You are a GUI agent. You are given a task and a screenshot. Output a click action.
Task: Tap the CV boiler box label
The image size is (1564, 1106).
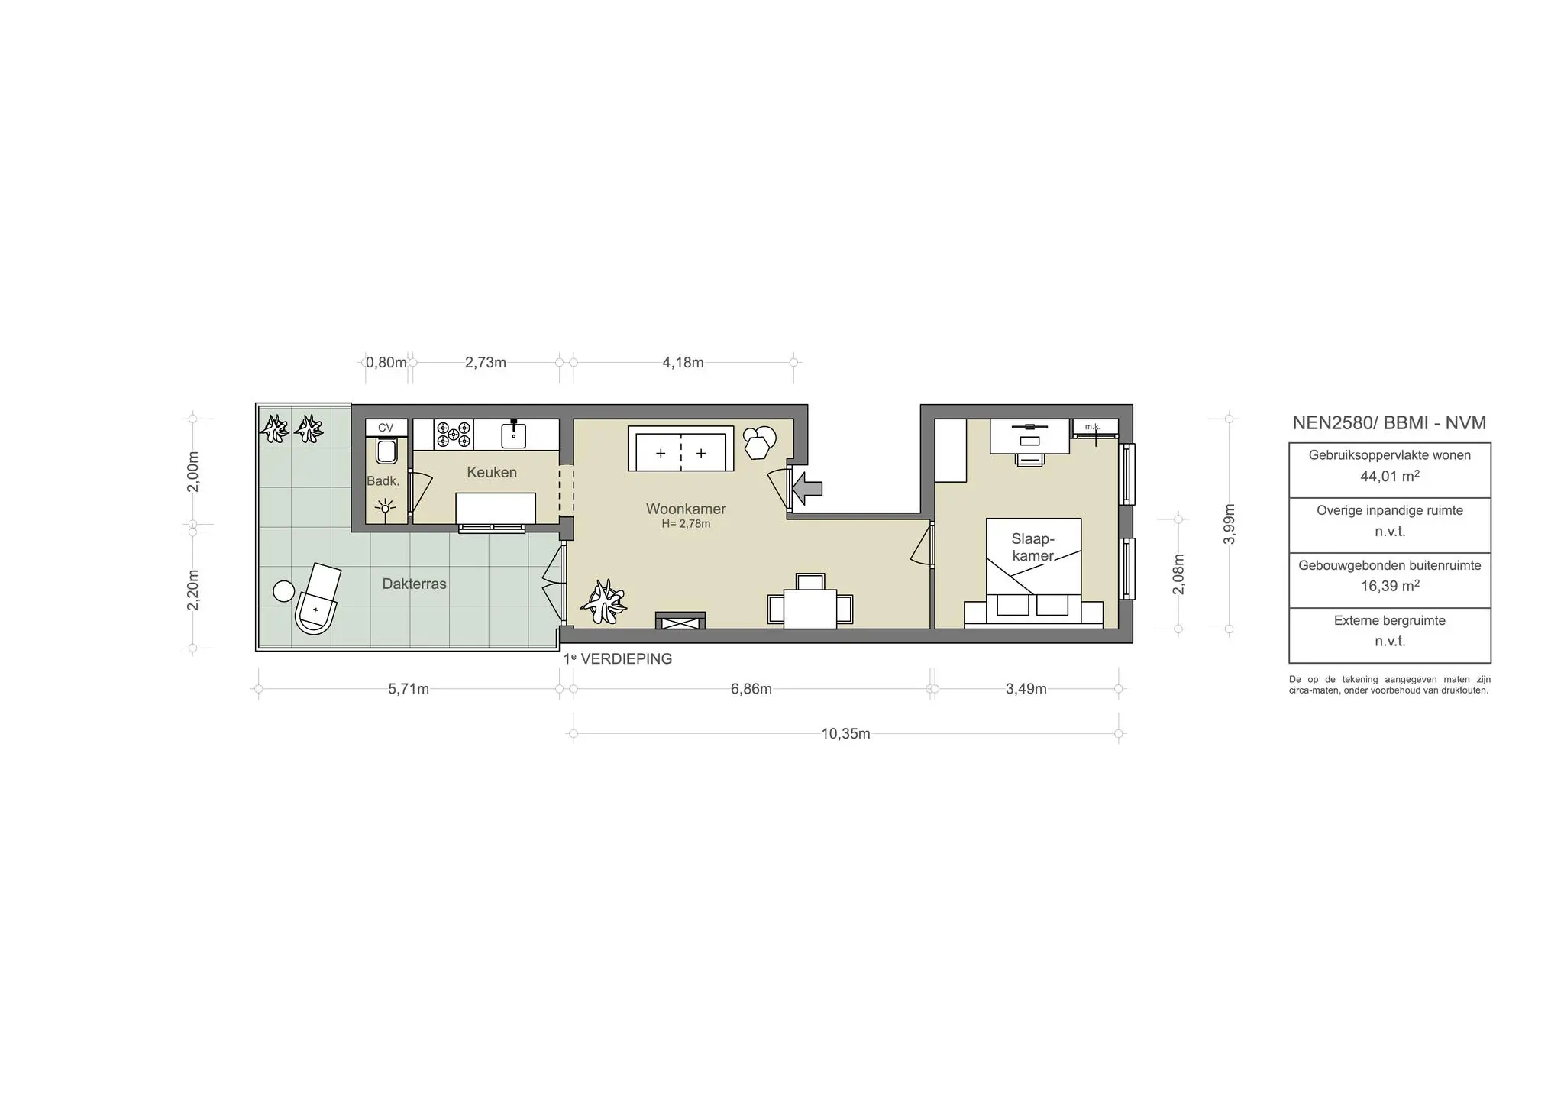tap(386, 428)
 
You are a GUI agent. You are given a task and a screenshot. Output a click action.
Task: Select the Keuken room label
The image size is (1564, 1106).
tap(492, 472)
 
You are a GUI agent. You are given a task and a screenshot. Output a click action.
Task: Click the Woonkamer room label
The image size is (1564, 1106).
tap(686, 509)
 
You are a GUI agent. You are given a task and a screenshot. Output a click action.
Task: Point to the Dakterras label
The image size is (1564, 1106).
tap(414, 584)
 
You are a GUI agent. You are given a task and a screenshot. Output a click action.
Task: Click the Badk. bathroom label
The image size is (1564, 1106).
tap(383, 480)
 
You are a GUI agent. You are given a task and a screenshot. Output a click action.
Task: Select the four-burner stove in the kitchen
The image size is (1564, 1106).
tap(453, 434)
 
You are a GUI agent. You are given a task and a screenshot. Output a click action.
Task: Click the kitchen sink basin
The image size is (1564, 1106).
tap(514, 435)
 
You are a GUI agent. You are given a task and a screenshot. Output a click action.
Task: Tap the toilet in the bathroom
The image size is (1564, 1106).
tap(386, 451)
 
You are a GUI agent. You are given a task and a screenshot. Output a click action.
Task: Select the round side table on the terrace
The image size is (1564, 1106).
tap(284, 590)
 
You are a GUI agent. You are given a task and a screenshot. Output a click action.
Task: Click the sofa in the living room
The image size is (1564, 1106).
tap(680, 449)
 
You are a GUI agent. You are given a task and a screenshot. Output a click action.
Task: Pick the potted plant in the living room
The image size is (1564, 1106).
tap(604, 600)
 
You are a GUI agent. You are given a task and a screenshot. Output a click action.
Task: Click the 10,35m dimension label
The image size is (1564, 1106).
tap(845, 734)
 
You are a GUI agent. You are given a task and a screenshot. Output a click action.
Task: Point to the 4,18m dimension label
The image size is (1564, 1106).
tap(683, 362)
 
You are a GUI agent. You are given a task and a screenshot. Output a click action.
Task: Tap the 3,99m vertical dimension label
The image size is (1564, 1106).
tap(1229, 524)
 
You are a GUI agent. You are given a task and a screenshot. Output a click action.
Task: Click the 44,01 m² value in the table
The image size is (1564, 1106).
tap(1389, 477)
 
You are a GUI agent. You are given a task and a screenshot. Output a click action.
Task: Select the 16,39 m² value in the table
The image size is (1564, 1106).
tap(1389, 587)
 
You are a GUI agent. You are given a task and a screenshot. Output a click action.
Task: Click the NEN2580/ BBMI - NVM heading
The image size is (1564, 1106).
tap(1389, 422)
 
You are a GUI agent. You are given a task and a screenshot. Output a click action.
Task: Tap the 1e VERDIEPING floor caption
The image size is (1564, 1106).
tap(618, 658)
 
